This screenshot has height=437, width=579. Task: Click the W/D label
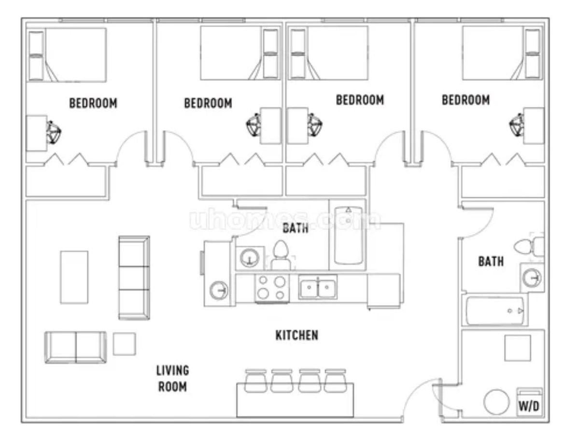(x=529, y=407)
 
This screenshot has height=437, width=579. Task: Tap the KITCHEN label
(x=297, y=335)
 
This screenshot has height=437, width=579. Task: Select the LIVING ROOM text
(x=172, y=378)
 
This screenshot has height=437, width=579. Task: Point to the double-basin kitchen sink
(x=318, y=287)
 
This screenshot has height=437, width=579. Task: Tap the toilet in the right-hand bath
(x=529, y=246)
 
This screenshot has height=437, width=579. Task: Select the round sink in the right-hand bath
(x=532, y=277)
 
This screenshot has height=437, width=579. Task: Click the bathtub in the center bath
(x=349, y=235)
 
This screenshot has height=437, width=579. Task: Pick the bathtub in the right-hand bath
(x=495, y=310)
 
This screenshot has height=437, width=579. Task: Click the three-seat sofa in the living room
(x=134, y=277)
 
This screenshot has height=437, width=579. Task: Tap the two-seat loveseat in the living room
(x=76, y=347)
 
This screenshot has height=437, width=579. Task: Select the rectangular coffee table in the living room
(x=74, y=277)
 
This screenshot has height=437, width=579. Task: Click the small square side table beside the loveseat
(x=125, y=344)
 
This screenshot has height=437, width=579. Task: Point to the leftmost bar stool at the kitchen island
(x=255, y=381)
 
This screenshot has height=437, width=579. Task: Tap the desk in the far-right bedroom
(x=534, y=126)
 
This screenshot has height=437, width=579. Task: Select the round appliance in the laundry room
(x=496, y=402)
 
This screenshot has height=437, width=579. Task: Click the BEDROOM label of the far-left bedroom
(x=93, y=103)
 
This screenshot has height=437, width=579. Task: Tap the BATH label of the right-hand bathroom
(x=491, y=262)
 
